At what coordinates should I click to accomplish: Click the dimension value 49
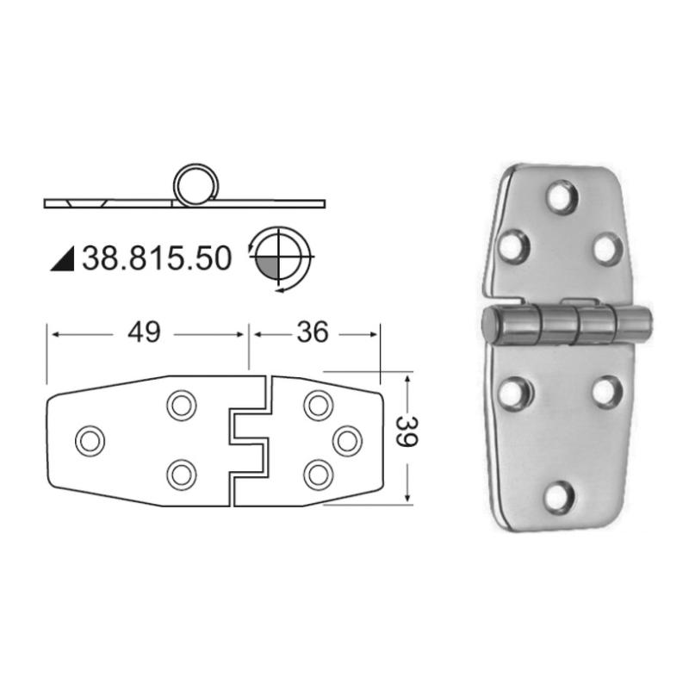(x=144, y=332)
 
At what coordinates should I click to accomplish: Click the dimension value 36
(x=313, y=332)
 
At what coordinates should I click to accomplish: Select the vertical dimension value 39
(x=406, y=431)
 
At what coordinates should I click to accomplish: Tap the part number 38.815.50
(x=157, y=258)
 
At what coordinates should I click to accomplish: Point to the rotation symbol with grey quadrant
(x=279, y=258)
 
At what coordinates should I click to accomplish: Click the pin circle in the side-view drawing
(x=196, y=185)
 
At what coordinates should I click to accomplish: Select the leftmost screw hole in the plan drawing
(x=90, y=441)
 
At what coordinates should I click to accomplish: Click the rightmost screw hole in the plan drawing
(x=347, y=441)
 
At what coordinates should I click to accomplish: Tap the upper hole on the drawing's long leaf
(x=182, y=405)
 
